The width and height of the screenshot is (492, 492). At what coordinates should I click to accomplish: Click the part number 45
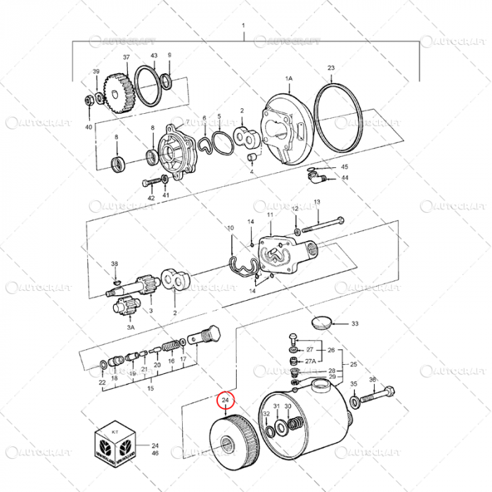[x=344, y=167]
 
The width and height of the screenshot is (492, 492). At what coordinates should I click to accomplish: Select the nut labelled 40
[x=89, y=101]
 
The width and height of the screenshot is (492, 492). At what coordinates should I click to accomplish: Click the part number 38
[x=115, y=264]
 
